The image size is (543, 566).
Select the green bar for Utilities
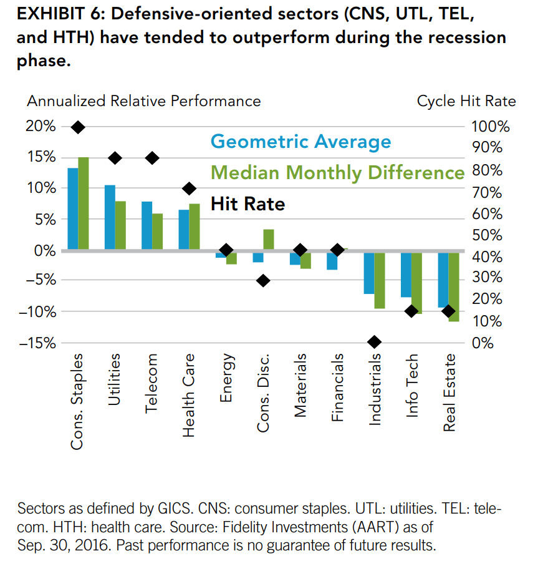pos(120,225)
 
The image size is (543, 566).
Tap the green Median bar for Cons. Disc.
pos(269,240)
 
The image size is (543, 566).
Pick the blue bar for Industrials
pos(369,273)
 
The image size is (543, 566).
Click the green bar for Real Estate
pos(453,286)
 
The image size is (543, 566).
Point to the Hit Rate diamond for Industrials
pos(374,342)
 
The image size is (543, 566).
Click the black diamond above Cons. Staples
pos(78,127)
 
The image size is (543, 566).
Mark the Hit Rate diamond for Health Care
pos(190,188)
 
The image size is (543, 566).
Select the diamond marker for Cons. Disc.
pos(263,280)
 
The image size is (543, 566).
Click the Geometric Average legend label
pos(300,142)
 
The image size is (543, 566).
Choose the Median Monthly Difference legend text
pos(338,172)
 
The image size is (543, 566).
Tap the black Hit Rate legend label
pos(247,203)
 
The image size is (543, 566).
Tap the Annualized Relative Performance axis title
pos(143,101)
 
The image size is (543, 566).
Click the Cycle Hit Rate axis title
pos(466,101)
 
